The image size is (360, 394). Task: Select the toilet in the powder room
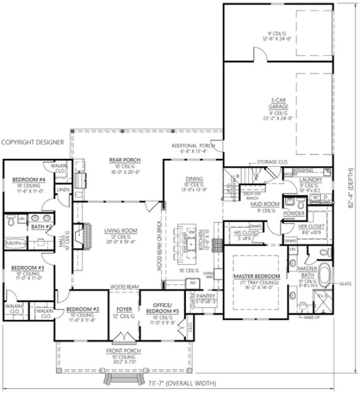click(x=289, y=203)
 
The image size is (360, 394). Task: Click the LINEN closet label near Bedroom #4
click(x=63, y=190)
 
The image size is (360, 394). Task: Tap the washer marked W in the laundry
click(x=317, y=196)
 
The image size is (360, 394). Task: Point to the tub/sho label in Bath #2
click(x=14, y=243)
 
